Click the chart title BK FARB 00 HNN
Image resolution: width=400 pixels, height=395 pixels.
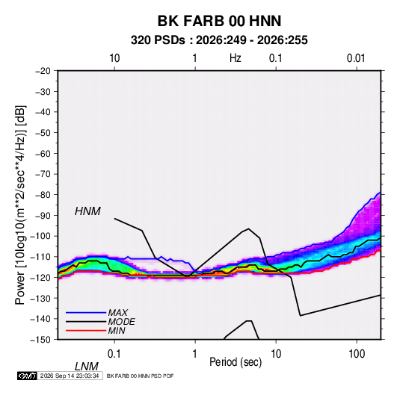(219, 21)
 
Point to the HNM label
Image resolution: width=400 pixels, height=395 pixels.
(87, 211)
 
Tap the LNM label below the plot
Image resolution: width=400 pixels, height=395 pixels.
(86, 367)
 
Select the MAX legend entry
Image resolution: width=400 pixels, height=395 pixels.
(118, 312)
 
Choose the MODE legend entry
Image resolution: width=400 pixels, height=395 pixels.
(121, 322)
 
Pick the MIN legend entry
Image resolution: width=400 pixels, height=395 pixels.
(117, 331)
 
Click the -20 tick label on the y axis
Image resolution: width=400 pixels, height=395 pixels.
(43, 71)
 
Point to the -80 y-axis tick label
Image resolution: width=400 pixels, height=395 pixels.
(43, 195)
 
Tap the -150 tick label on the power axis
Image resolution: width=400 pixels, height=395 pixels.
(40, 340)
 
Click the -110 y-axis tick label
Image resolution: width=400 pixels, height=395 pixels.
(40, 257)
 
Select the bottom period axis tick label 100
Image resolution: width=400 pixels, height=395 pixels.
(357, 353)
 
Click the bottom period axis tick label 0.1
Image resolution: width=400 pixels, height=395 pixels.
(114, 353)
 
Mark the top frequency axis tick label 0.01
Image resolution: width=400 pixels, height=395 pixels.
(356, 58)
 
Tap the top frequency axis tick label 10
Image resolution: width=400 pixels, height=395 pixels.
(114, 58)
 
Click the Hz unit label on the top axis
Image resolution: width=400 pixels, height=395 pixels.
(236, 58)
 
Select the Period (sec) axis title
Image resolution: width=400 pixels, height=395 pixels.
(236, 362)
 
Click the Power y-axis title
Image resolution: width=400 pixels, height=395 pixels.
(20, 205)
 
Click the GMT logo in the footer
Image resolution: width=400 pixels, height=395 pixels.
(27, 376)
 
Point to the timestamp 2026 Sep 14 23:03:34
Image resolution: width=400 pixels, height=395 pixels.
(70, 376)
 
